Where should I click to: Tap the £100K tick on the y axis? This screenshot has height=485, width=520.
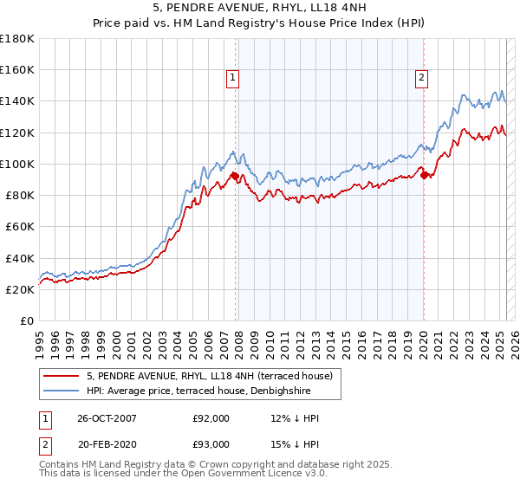(17, 164)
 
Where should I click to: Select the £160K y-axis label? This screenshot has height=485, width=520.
(17, 69)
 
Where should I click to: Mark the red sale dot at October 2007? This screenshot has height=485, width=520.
(235, 176)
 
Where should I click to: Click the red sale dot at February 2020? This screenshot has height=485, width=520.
(425, 175)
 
